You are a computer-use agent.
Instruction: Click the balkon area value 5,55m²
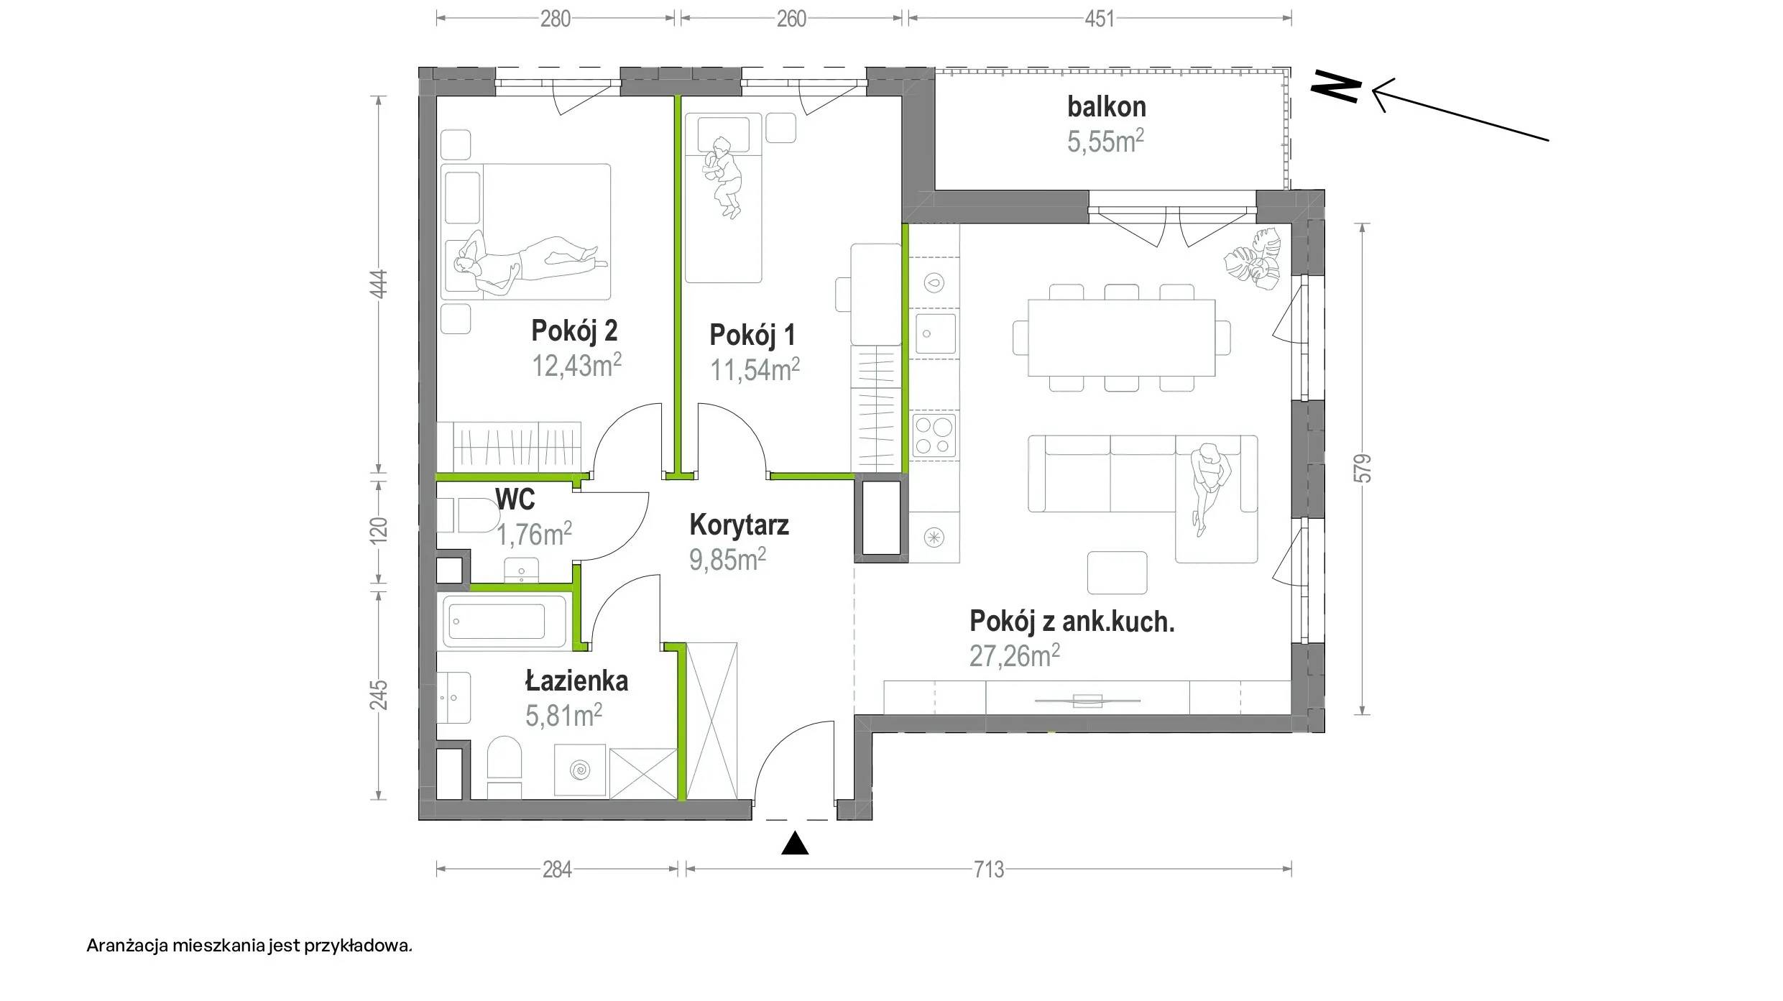[x=1105, y=142]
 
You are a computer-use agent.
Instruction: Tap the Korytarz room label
[x=739, y=525]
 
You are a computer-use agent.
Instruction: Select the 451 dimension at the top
[x=1099, y=19]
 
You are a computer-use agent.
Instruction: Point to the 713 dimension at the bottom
[x=988, y=869]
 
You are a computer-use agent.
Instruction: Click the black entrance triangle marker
[x=795, y=844]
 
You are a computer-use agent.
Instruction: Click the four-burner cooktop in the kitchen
[x=934, y=436]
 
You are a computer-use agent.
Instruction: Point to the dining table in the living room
[x=1121, y=338]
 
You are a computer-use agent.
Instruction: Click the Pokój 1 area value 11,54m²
[x=755, y=370]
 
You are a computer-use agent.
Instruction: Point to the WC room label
[x=515, y=499]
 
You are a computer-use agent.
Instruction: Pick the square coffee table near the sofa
[x=1117, y=573]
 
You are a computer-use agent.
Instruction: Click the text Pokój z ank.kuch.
[x=1072, y=622]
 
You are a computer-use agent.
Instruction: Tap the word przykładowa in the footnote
[x=358, y=945]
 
